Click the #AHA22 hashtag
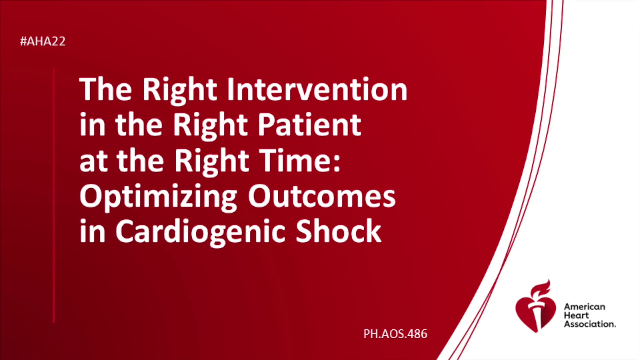click(43, 41)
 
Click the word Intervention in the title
click(317, 89)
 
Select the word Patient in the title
click(310, 125)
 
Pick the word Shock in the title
click(338, 231)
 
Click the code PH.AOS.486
click(395, 334)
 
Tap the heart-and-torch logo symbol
click(536, 307)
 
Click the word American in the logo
click(585, 307)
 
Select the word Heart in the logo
click(576, 315)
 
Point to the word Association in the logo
click(590, 324)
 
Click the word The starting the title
click(106, 89)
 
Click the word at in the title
click(93, 162)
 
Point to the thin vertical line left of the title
click(53, 195)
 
